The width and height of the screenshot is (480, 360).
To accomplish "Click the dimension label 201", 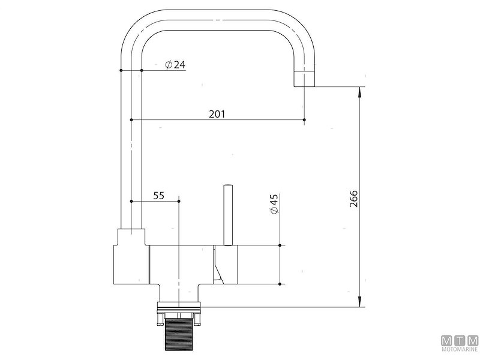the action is pyautogui.click(x=217, y=114).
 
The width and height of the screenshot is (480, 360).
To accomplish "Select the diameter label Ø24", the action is pyautogui.click(x=175, y=65).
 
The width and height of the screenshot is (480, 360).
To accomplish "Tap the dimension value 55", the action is pyautogui.click(x=158, y=196).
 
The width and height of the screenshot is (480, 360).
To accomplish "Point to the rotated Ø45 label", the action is pyautogui.click(x=274, y=204).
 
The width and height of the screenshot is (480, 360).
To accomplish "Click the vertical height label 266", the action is pyautogui.click(x=353, y=199).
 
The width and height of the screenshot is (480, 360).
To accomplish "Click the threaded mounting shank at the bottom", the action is pyautogui.click(x=178, y=334).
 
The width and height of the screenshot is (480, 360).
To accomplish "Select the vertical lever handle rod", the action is pyautogui.click(x=228, y=215).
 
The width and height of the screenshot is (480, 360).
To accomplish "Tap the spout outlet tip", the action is pyautogui.click(x=304, y=79).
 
